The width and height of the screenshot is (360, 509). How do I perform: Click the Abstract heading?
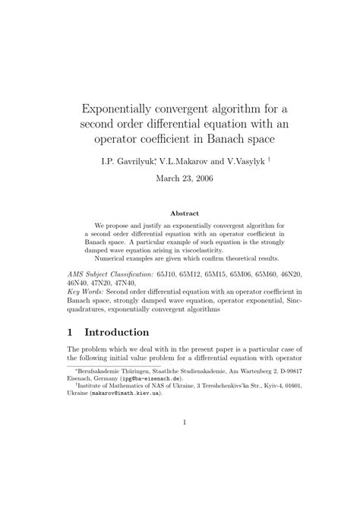click(179, 213)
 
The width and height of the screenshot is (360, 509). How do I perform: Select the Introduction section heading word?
click(131, 333)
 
